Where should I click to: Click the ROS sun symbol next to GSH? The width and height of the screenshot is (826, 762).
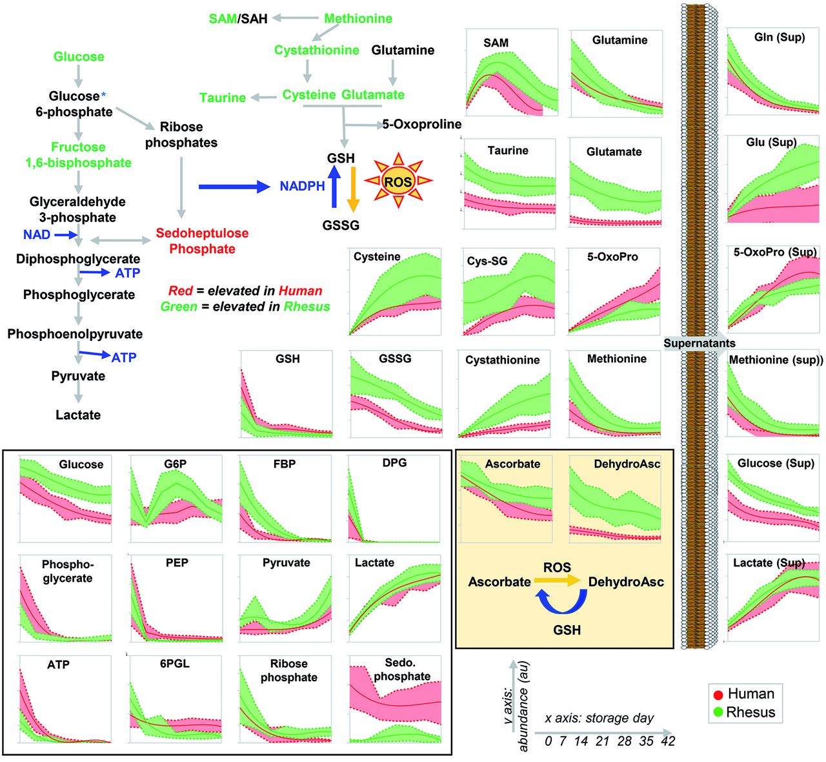click(x=398, y=181)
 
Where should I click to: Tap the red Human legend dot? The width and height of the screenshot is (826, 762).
click(x=718, y=695)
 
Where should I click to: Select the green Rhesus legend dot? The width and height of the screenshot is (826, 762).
click(x=718, y=712)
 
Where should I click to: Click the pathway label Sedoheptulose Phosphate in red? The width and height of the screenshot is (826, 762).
click(x=202, y=241)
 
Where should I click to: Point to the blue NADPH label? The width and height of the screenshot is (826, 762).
click(x=302, y=186)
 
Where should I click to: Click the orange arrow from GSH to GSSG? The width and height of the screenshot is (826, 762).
click(x=353, y=189)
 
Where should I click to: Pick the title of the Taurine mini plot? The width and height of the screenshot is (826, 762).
click(x=508, y=150)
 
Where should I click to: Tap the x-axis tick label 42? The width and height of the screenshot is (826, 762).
click(x=667, y=741)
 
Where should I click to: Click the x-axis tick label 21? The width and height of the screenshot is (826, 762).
click(x=601, y=741)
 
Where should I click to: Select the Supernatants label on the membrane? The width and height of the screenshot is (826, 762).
click(x=700, y=343)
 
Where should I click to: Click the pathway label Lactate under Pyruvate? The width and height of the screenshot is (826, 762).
click(x=78, y=415)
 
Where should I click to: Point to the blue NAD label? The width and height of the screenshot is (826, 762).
click(x=37, y=234)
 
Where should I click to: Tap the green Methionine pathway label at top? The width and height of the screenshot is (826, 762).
click(x=358, y=19)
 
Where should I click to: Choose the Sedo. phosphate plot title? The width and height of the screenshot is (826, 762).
click(x=401, y=670)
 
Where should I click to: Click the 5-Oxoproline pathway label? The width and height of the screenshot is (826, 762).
click(x=422, y=124)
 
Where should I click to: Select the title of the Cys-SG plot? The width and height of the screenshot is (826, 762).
click(x=487, y=261)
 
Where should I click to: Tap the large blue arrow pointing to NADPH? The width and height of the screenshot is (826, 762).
click(x=234, y=187)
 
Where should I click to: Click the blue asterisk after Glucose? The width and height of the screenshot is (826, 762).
click(x=103, y=95)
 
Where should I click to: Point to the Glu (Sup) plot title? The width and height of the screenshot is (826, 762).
click(x=771, y=142)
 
